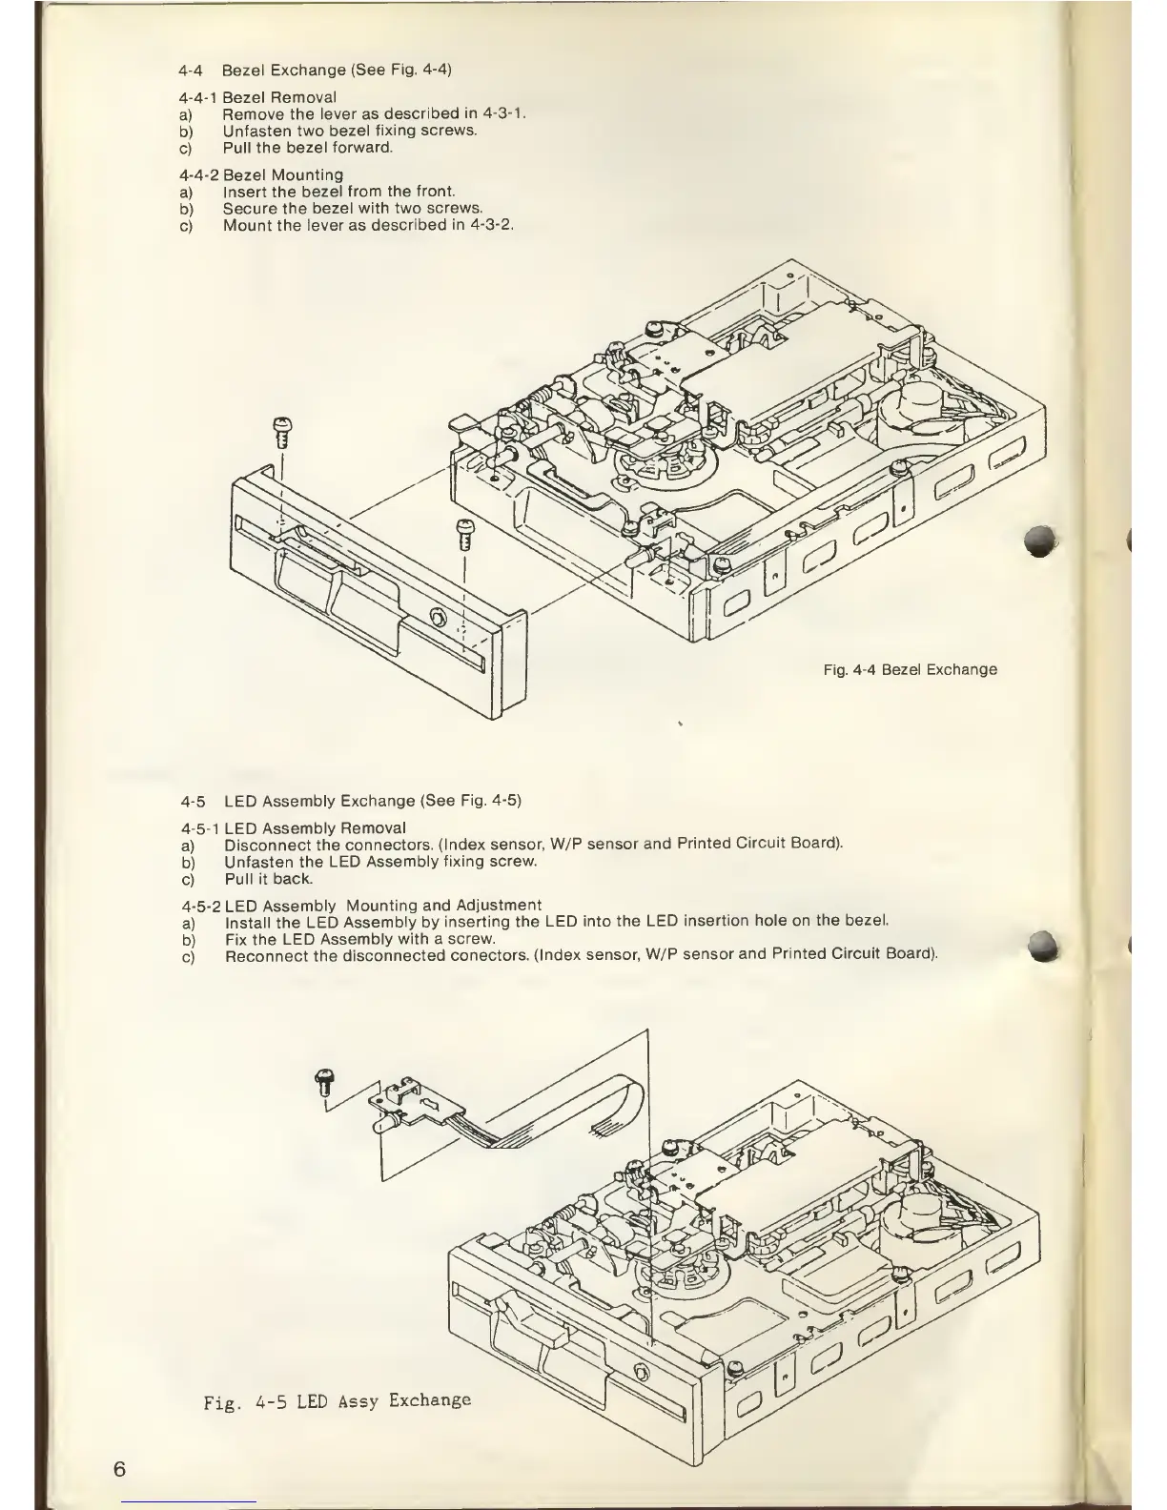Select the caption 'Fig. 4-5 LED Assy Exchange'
(x=338, y=1400)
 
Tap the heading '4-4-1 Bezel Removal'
(x=257, y=97)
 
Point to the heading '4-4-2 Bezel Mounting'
(x=261, y=175)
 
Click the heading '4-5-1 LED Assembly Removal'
(x=292, y=827)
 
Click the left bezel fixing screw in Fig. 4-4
(x=281, y=432)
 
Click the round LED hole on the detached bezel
(x=439, y=615)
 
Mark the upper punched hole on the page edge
(x=1046, y=541)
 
